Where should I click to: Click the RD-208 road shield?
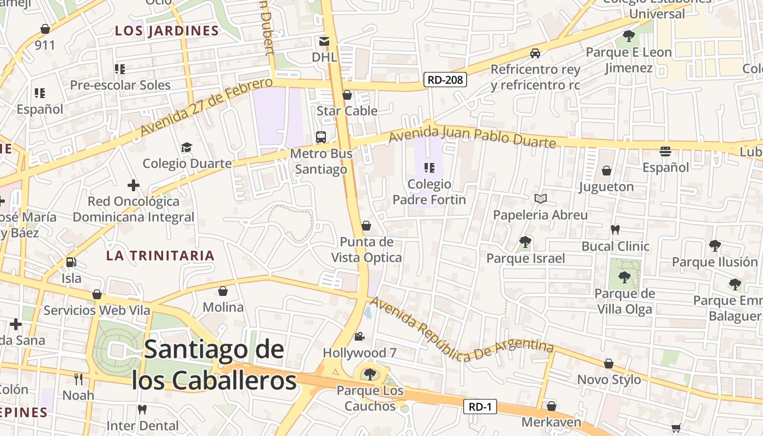point(445,80)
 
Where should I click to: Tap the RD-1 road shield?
point(480,407)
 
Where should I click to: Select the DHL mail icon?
point(324,41)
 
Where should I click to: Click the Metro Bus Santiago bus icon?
point(321,137)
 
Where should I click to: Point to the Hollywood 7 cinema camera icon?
point(359,337)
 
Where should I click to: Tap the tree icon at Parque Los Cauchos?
point(370,374)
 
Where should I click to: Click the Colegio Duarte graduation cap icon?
point(187,147)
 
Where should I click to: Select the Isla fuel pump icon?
point(71,262)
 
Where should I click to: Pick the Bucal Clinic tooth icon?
point(615,230)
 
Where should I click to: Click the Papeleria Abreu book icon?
point(540,199)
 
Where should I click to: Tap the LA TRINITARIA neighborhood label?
point(160,256)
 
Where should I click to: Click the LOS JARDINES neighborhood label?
point(167,31)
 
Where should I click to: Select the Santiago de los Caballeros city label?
point(214,365)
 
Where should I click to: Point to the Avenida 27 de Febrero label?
point(206,107)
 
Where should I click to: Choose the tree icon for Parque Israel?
point(525,241)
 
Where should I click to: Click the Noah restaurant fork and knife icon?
point(78,379)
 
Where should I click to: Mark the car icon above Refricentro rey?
point(535,53)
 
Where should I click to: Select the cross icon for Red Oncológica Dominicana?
point(134,185)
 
